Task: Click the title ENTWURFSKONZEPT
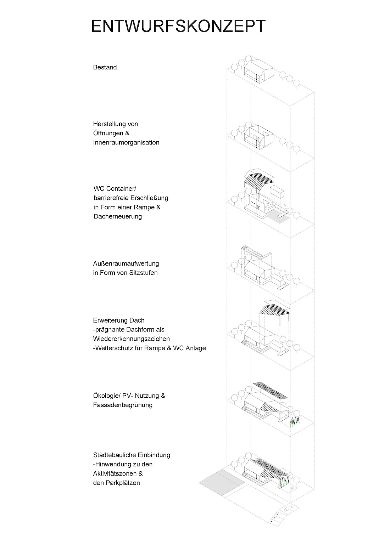pyautogui.click(x=178, y=27)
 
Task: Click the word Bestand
pyautogui.click(x=105, y=67)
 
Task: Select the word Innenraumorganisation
pyautogui.click(x=126, y=142)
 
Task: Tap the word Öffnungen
pyautogui.click(x=108, y=133)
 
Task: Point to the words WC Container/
pyautogui.click(x=115, y=188)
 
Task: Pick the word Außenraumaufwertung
pyautogui.click(x=126, y=263)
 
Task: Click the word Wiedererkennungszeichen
pyautogui.click(x=132, y=339)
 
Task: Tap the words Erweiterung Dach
pyautogui.click(x=119, y=320)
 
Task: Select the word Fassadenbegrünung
pyautogui.click(x=123, y=405)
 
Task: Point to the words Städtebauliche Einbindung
pyautogui.click(x=132, y=455)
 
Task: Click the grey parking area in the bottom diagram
pyautogui.click(x=222, y=482)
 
